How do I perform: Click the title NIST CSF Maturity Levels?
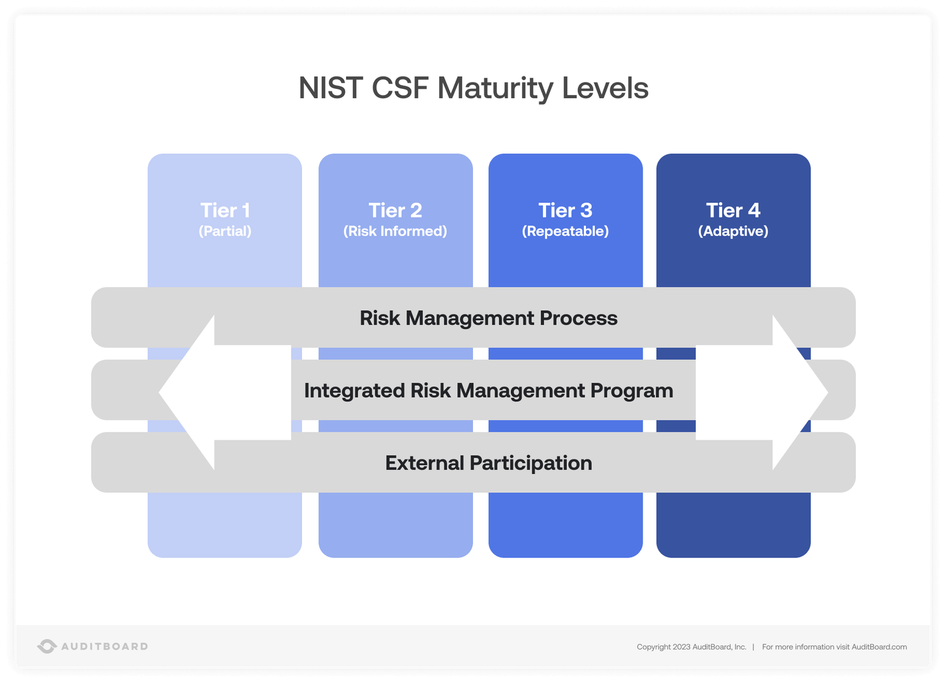click(473, 88)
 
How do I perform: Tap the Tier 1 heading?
click(225, 210)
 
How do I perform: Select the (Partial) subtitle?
click(225, 231)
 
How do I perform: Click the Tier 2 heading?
click(395, 210)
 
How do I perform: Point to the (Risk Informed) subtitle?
click(395, 231)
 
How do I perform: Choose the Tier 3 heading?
click(566, 210)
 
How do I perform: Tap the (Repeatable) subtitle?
click(566, 231)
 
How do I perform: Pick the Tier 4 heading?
click(733, 210)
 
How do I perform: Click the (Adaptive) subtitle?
click(733, 231)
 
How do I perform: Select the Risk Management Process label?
click(489, 318)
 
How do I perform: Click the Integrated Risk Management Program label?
click(489, 391)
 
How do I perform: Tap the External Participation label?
click(489, 463)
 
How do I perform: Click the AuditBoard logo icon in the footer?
click(47, 646)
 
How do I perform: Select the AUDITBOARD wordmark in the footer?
click(105, 646)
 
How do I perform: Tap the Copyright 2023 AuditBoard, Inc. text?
click(691, 647)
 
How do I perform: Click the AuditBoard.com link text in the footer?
click(879, 647)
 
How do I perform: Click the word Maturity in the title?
click(495, 88)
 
